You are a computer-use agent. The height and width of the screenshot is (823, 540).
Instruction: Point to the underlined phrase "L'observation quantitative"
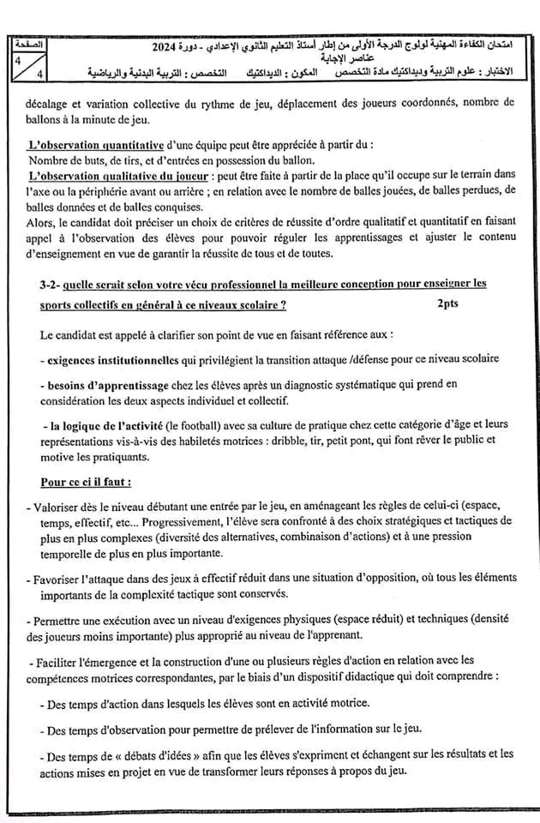point(91,143)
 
